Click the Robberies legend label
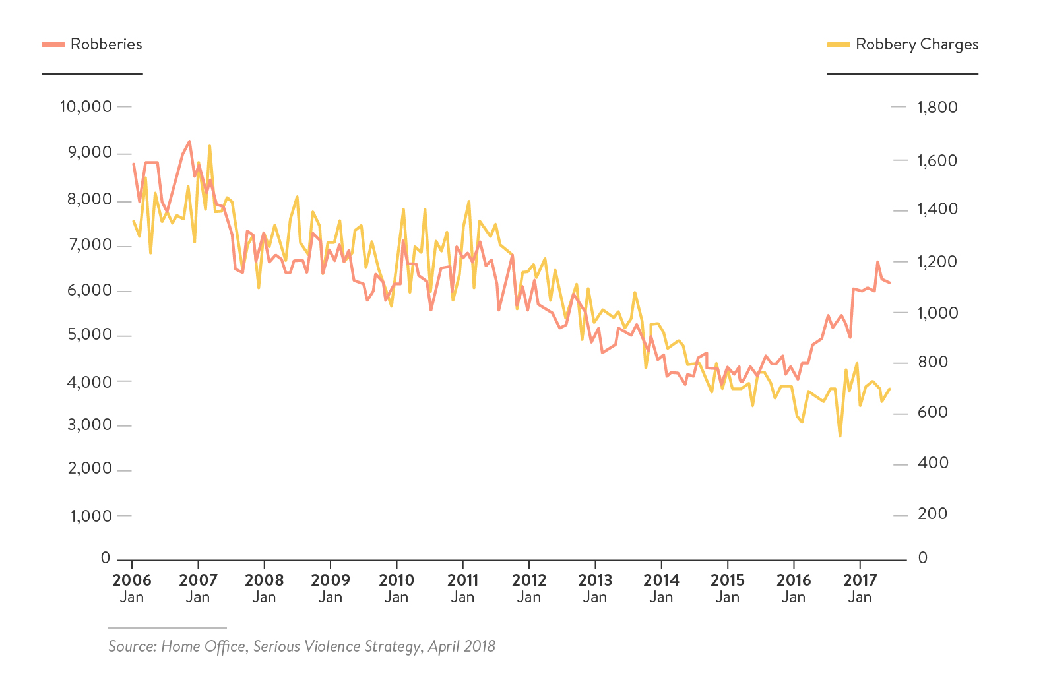(x=106, y=44)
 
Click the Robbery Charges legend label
(x=916, y=44)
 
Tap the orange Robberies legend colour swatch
(x=53, y=44)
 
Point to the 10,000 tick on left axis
(x=86, y=106)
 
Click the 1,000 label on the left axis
(x=91, y=516)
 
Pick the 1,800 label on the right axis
(x=937, y=107)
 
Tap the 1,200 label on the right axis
(x=937, y=262)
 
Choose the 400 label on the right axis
(x=932, y=463)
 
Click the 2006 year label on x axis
(x=132, y=580)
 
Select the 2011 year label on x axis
(x=462, y=580)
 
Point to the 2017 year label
(x=860, y=580)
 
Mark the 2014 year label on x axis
(x=661, y=580)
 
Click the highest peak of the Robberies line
(x=189, y=141)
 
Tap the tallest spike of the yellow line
(x=209, y=146)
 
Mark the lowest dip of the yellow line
(x=840, y=436)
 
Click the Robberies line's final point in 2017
(x=889, y=282)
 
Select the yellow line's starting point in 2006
(x=133, y=221)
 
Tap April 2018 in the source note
(x=462, y=646)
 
